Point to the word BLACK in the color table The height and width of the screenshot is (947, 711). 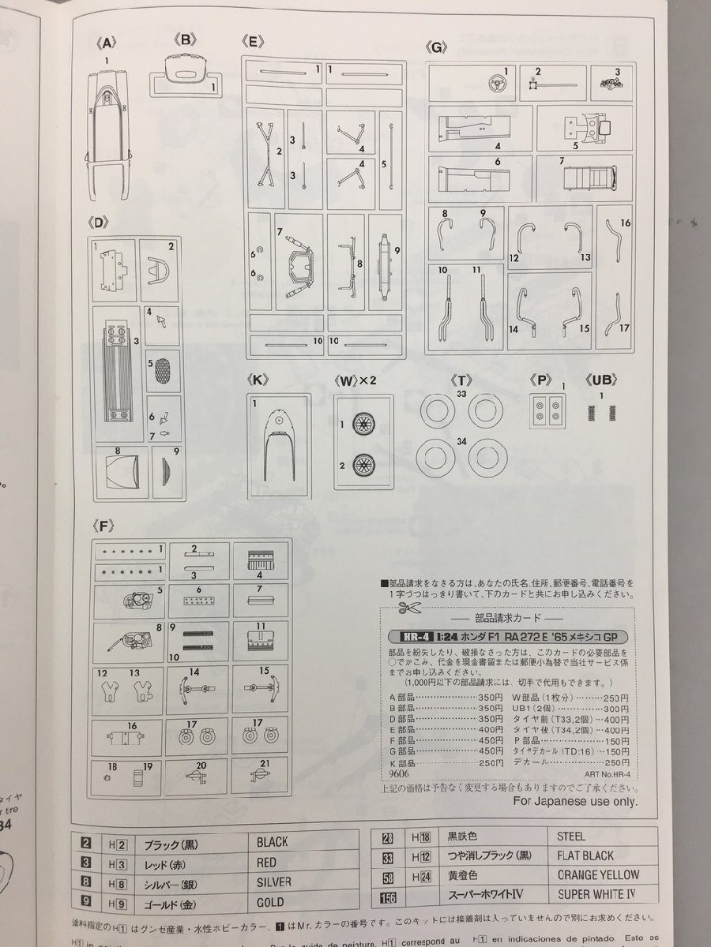272,841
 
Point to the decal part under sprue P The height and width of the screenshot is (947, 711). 547,408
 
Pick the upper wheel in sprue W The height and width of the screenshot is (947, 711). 364,425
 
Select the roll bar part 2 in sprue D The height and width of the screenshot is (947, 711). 163,271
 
